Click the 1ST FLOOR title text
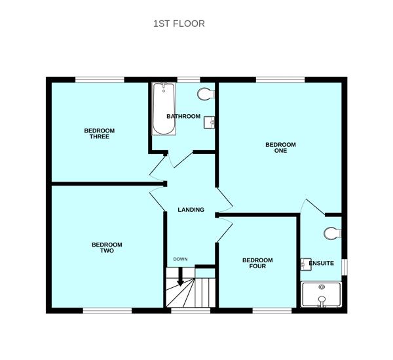coord(179,24)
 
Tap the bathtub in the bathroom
coord(164,109)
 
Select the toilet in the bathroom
coord(206,94)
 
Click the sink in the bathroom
coord(209,123)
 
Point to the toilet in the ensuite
coord(333,233)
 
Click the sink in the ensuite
coord(306,264)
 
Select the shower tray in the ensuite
coord(321,294)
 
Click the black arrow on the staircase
coord(180,277)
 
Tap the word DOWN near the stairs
coord(181,259)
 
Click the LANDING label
coord(191,210)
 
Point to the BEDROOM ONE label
coord(280,148)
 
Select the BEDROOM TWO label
coord(107,248)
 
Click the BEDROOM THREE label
coord(100,134)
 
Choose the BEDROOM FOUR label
coord(257,263)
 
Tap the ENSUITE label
coord(322,263)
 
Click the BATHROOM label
coord(183,116)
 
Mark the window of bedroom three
coord(100,79)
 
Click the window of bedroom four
coord(272,311)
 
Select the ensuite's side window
coord(345,267)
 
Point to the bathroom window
coord(189,79)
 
